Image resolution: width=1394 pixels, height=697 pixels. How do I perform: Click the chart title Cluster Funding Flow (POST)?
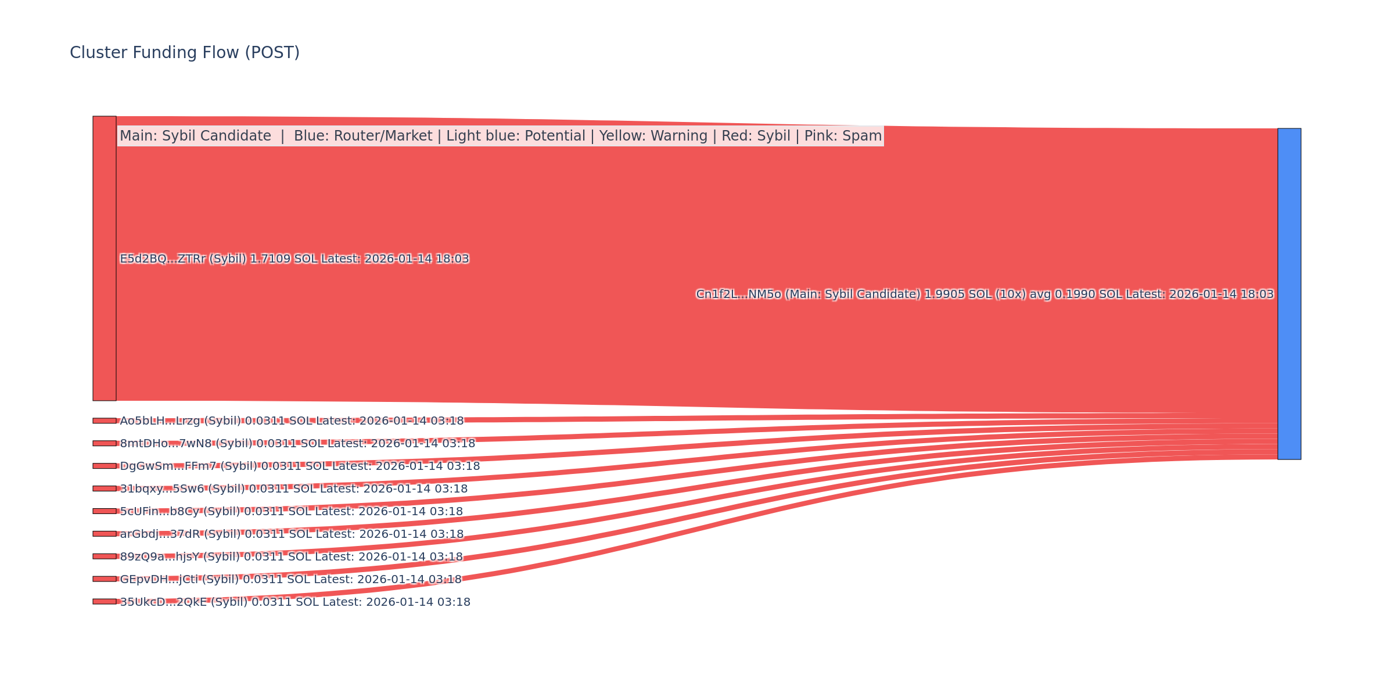click(185, 53)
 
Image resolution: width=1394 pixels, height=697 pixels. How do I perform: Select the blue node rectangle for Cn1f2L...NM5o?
click(1289, 294)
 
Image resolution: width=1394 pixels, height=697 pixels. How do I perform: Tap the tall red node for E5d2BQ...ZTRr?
click(105, 258)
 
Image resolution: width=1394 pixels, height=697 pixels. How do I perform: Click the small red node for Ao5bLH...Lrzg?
click(105, 421)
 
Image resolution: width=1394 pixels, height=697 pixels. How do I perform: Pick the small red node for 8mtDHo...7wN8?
click(105, 443)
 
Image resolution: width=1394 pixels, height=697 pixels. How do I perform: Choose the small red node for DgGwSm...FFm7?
click(105, 466)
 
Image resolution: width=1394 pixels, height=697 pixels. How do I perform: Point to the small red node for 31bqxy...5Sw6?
click(105, 488)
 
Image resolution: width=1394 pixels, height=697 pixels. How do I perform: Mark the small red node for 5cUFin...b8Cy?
click(105, 511)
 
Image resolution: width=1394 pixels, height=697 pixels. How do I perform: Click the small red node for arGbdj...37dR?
click(105, 534)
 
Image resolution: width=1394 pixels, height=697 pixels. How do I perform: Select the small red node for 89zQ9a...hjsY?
click(105, 556)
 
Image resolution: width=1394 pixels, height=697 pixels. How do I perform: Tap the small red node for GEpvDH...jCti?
click(105, 579)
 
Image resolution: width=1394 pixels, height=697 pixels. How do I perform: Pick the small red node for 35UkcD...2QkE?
click(105, 602)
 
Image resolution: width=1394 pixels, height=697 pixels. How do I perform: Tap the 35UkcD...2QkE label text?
click(295, 602)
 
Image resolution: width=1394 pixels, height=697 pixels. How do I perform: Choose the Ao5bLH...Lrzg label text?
click(292, 421)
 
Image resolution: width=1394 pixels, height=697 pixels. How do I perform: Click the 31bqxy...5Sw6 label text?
click(293, 489)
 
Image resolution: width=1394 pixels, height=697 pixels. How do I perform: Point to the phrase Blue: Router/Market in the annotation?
click(363, 136)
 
